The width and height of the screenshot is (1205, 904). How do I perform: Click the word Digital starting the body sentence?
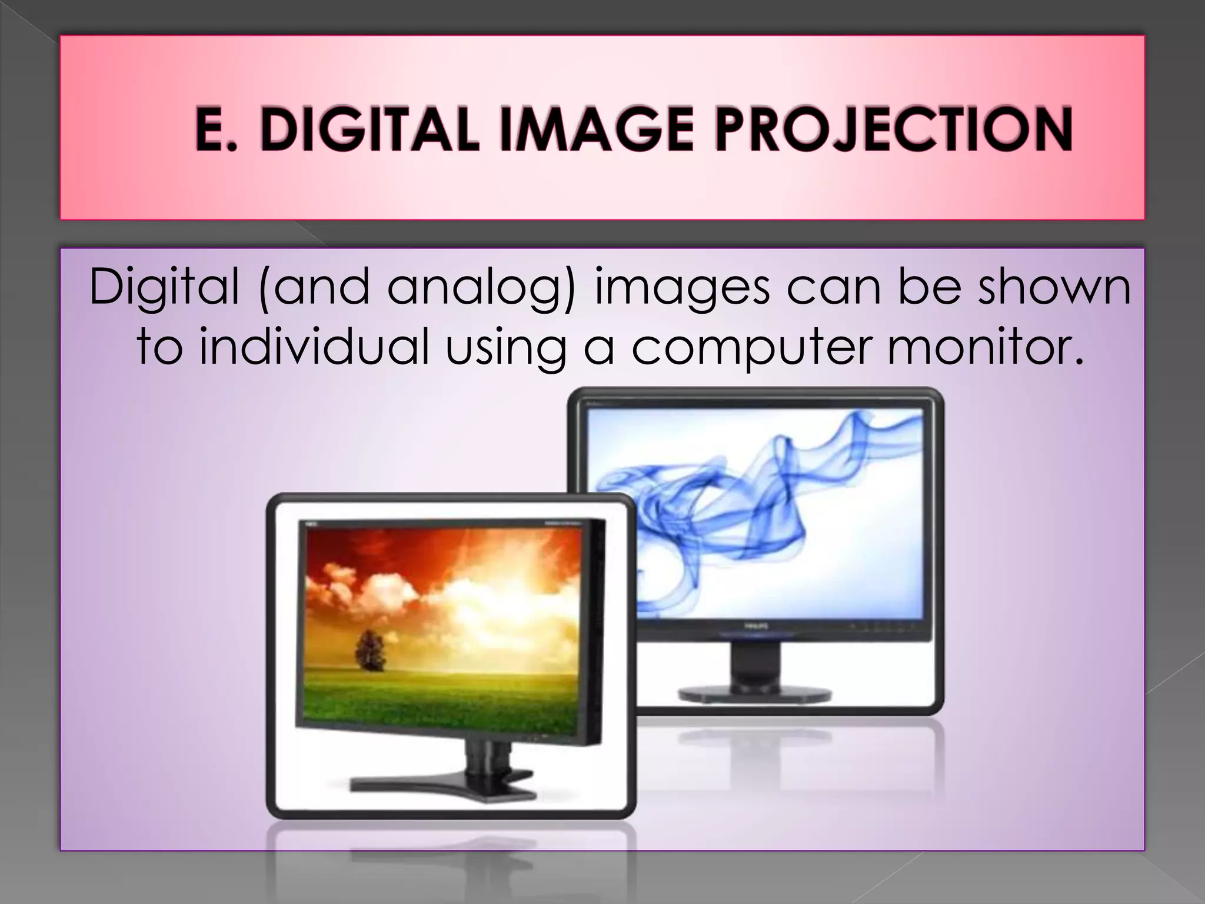point(164,288)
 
